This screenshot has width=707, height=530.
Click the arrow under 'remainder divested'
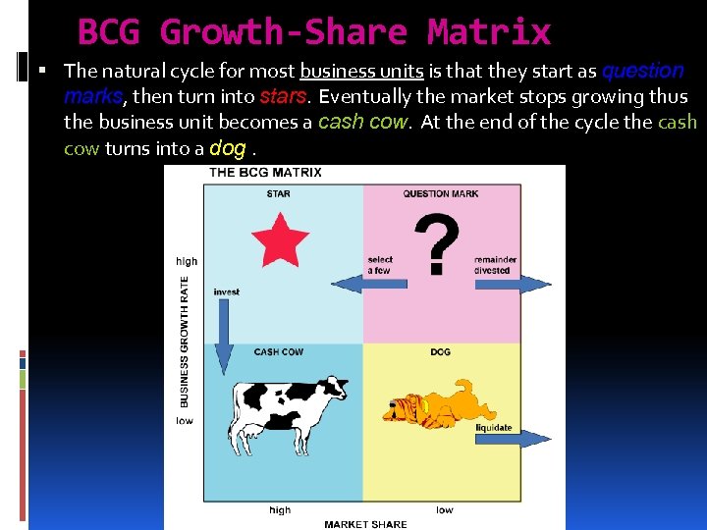click(513, 284)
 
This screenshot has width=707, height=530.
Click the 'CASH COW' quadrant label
click(278, 351)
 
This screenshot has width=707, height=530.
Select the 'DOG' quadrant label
click(440, 351)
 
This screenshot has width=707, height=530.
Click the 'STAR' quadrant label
click(278, 193)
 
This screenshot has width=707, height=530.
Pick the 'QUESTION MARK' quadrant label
click(441, 193)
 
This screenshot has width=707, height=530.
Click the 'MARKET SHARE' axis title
click(365, 524)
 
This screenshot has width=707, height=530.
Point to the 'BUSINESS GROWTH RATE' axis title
click(186, 341)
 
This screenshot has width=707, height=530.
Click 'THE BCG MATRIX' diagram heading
click(265, 173)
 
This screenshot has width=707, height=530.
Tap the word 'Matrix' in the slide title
click(488, 32)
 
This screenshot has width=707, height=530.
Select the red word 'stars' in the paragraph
click(284, 97)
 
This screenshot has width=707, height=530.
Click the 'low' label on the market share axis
click(444, 509)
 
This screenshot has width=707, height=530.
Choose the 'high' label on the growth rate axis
click(187, 261)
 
